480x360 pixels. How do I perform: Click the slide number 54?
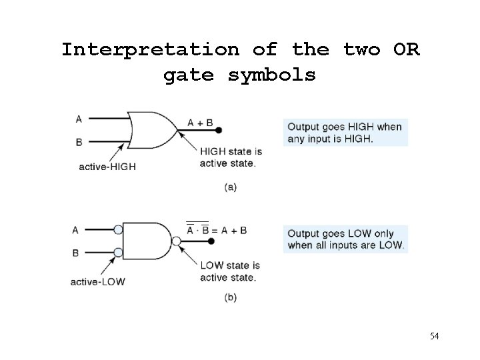434,335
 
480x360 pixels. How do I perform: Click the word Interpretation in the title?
150,50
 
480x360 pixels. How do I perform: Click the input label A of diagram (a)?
79,119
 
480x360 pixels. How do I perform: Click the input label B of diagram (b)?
75,253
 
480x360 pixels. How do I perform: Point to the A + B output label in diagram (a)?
200,122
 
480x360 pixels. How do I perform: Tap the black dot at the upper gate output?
219,131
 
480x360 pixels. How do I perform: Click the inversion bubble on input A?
118,230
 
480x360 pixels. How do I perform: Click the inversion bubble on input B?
118,253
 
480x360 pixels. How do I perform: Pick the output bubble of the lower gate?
176,241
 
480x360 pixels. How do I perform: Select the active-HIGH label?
107,167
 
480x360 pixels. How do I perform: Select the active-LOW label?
97,281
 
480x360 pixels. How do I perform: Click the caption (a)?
230,187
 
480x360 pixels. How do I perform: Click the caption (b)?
230,298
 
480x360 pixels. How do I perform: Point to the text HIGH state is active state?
227,157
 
